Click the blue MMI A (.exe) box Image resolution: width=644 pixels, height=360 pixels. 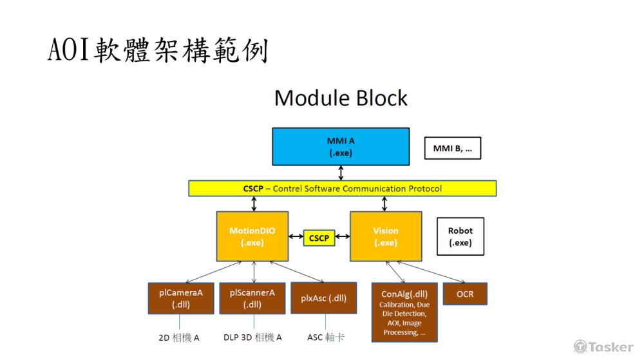click(x=341, y=147)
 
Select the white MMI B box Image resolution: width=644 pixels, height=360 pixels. click(x=453, y=148)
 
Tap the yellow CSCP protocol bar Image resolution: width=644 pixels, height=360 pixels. click(x=342, y=189)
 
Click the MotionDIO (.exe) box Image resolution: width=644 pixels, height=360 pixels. click(x=252, y=236)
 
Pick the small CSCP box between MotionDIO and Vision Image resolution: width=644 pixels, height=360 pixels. click(x=319, y=238)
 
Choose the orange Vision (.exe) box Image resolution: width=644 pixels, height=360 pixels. click(x=385, y=236)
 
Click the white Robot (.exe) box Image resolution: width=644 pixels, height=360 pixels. click(x=460, y=236)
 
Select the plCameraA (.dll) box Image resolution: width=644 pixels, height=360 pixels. click(x=181, y=298)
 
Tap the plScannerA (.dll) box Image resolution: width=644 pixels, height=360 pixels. click(x=252, y=298)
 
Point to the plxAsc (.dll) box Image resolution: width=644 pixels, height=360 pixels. click(x=323, y=298)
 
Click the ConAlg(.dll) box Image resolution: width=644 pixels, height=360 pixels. click(x=404, y=312)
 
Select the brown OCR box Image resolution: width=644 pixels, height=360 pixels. click(x=465, y=294)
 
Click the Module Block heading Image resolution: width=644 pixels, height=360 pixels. click(x=341, y=99)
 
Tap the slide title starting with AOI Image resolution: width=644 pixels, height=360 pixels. click(x=158, y=50)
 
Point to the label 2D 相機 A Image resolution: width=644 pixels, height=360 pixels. click(x=178, y=337)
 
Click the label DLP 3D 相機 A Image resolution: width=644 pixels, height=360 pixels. click(x=252, y=337)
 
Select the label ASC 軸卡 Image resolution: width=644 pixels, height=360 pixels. click(x=325, y=337)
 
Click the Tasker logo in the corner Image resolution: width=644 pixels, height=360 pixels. click(x=603, y=346)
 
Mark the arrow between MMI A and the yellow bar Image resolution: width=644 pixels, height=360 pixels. click(x=341, y=173)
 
